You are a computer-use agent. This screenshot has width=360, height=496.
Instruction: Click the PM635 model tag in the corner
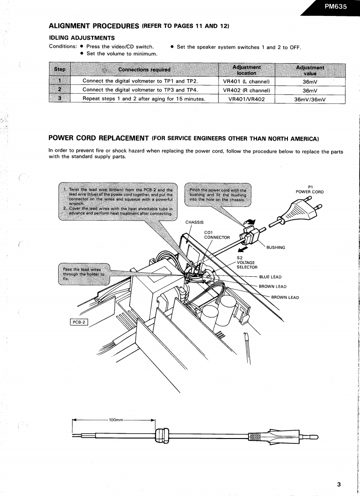336,7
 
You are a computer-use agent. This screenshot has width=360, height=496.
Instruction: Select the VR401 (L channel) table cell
247,81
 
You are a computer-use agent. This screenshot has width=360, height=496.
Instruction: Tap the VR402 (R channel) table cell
247,90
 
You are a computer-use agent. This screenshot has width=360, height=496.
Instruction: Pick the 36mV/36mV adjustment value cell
310,99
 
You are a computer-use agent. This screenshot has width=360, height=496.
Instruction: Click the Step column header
60,69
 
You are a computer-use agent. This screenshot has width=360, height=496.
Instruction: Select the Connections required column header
144,69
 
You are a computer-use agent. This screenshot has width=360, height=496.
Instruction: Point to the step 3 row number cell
60,99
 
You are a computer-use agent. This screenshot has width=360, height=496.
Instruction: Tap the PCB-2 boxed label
78,322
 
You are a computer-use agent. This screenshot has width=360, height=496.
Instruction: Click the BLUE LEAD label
270,277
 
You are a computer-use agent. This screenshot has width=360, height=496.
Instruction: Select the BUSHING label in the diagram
276,248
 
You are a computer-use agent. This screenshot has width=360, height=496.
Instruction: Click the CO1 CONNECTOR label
217,235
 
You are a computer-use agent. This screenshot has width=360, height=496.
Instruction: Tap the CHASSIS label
195,222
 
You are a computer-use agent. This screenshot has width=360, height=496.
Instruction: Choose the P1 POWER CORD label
310,189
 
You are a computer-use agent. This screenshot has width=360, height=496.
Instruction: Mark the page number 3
339,484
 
